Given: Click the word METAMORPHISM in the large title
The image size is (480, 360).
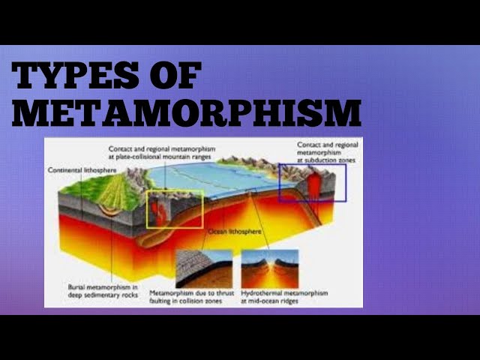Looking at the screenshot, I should click(186, 112).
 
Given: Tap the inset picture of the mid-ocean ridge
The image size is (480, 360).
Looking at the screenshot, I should click(269, 268).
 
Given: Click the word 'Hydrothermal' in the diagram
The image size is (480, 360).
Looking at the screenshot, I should click(262, 292).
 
